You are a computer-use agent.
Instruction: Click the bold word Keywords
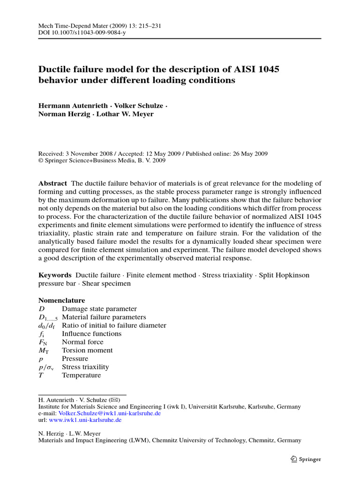pyautogui.click(x=54, y=275)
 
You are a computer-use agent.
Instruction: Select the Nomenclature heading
pyautogui.click(x=61, y=300)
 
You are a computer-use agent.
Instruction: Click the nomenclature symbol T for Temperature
pyautogui.click(x=41, y=375)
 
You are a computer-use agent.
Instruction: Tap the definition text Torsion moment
pyautogui.click(x=87, y=351)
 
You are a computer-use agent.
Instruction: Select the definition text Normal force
pyautogui.click(x=82, y=342)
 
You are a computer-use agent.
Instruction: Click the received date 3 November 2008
pyautogui.click(x=91, y=153)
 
